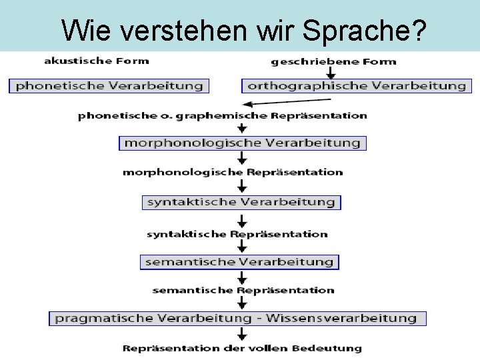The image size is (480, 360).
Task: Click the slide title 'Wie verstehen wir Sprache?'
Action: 243,29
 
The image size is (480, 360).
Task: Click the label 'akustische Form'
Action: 97,61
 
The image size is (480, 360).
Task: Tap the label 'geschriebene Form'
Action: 333,61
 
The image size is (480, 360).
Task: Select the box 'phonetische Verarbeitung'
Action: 109,86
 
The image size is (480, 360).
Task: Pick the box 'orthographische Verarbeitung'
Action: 356,86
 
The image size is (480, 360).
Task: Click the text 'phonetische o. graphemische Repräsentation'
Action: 223,115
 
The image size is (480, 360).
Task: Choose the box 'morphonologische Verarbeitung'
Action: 243,143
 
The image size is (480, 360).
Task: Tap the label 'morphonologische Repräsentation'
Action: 233,172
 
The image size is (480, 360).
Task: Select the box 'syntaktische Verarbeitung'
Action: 241,202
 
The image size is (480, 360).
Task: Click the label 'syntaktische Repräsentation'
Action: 237,234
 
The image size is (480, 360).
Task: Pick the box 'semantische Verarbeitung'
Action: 239,262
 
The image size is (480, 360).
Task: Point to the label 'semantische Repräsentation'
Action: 243,290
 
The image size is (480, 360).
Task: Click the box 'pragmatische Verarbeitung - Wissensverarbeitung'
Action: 237,318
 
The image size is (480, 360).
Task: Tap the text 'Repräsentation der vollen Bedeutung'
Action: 243,348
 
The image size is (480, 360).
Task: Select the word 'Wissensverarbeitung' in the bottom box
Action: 341,318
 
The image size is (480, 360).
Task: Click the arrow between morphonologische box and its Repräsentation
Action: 242,158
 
